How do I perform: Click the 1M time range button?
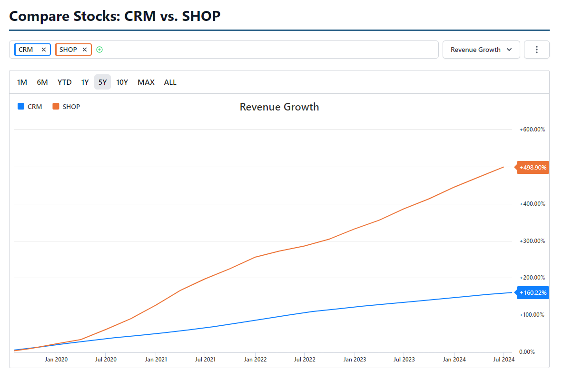pyautogui.click(x=22, y=82)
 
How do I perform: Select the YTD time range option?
pyautogui.click(x=65, y=82)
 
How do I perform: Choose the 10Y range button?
pyautogui.click(x=122, y=82)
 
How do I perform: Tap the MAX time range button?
pyautogui.click(x=146, y=82)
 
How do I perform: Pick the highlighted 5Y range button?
pyautogui.click(x=102, y=82)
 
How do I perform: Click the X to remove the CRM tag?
pyautogui.click(x=44, y=50)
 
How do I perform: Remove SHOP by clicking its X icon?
pyautogui.click(x=85, y=50)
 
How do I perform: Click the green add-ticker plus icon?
pyautogui.click(x=99, y=50)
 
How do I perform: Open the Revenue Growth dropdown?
pyautogui.click(x=481, y=50)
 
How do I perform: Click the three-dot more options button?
pyautogui.click(x=537, y=50)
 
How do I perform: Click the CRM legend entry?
pyautogui.click(x=30, y=107)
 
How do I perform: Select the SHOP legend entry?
pyautogui.click(x=67, y=107)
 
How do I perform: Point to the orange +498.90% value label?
pyautogui.click(x=533, y=168)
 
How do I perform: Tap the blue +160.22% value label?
pyautogui.click(x=533, y=292)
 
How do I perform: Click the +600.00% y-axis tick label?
pyautogui.click(x=532, y=130)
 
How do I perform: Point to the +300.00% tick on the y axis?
pyautogui.click(x=532, y=241)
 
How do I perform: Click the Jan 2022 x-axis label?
pyautogui.click(x=256, y=360)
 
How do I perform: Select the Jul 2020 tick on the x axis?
pyautogui.click(x=106, y=360)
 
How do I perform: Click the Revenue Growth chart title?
pyautogui.click(x=279, y=107)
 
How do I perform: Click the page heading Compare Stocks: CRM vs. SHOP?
pyautogui.click(x=115, y=16)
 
